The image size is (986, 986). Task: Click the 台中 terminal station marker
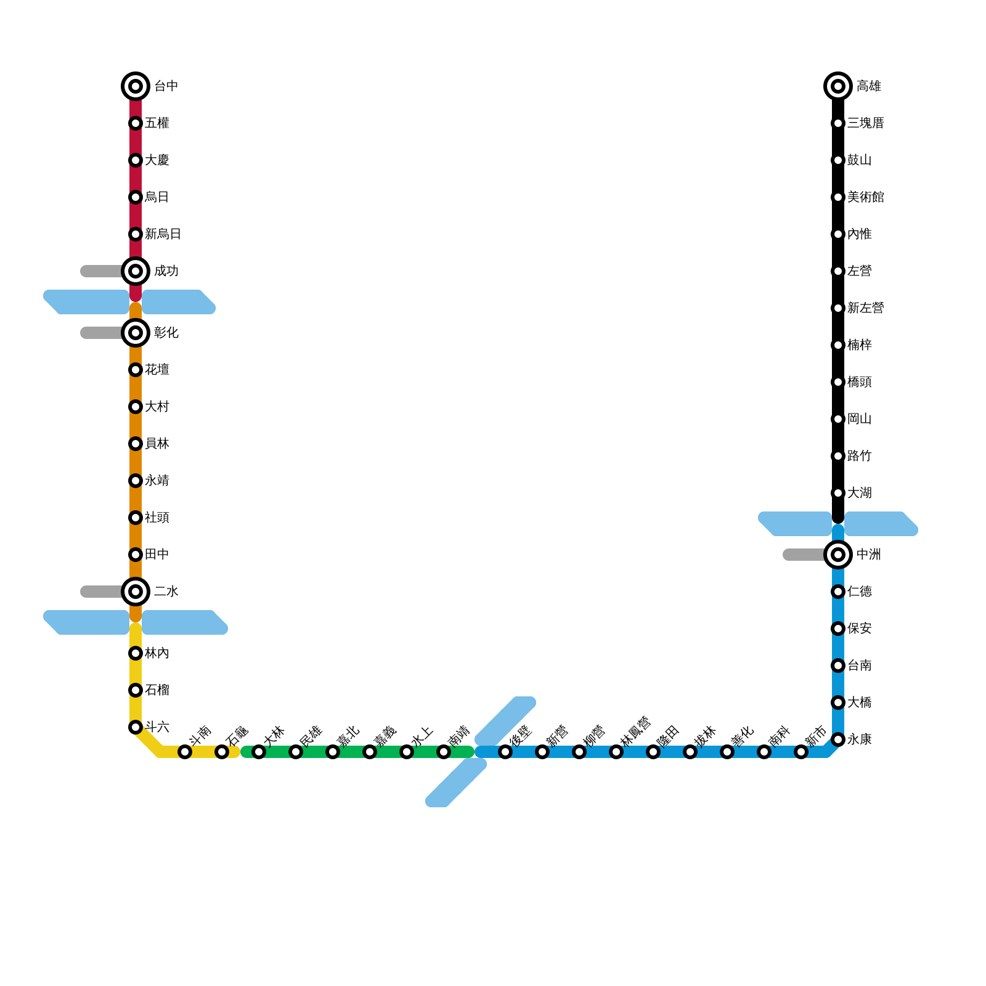(x=136, y=86)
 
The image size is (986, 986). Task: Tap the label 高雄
(x=868, y=86)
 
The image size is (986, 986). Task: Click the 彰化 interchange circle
(x=136, y=333)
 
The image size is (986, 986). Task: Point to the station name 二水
(x=166, y=592)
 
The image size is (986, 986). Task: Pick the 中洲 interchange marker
(x=838, y=555)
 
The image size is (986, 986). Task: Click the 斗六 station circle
(x=136, y=727)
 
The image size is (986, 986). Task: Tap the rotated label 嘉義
(x=385, y=736)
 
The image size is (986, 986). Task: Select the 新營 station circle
(x=542, y=752)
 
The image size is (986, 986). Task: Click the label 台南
(x=859, y=666)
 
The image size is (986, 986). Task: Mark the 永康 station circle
(x=838, y=739)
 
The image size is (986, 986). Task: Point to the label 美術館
(x=865, y=197)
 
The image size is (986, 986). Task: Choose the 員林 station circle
(x=136, y=444)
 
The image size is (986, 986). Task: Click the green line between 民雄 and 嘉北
(x=314, y=752)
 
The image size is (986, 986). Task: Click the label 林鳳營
(x=636, y=731)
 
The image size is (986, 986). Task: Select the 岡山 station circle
(x=838, y=419)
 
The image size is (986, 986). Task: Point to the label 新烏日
(x=163, y=234)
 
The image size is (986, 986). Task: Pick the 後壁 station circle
(x=505, y=752)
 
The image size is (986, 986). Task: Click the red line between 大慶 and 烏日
(x=136, y=179)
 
